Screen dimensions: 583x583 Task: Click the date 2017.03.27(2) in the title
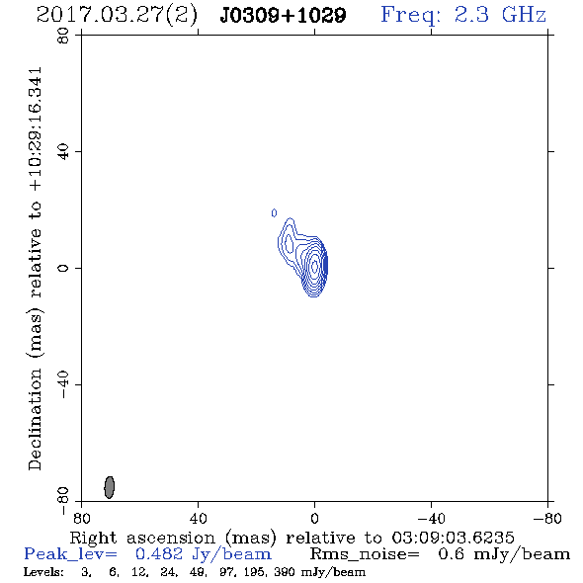(x=117, y=16)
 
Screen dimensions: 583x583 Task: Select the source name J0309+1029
(x=283, y=16)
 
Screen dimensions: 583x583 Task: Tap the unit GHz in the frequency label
(x=524, y=15)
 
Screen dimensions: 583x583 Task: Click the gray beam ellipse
(x=109, y=487)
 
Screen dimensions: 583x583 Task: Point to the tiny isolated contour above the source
(x=274, y=213)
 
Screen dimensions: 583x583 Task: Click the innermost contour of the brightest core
(x=314, y=266)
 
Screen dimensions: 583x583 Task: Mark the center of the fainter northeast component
(x=289, y=243)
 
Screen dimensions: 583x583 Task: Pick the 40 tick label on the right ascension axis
(x=199, y=519)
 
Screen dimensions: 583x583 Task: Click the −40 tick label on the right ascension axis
(x=432, y=519)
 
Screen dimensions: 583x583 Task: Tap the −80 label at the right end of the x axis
(x=547, y=519)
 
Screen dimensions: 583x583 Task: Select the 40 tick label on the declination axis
(x=63, y=152)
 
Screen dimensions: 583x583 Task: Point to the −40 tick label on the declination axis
(x=63, y=384)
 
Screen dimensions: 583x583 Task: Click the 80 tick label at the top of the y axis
(x=63, y=36)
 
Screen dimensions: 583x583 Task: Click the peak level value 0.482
(x=159, y=554)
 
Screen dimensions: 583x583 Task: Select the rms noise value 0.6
(x=452, y=554)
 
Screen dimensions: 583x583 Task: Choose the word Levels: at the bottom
(x=43, y=572)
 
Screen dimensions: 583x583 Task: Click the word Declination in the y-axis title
(x=35, y=419)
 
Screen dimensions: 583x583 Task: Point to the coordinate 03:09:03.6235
(x=453, y=538)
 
